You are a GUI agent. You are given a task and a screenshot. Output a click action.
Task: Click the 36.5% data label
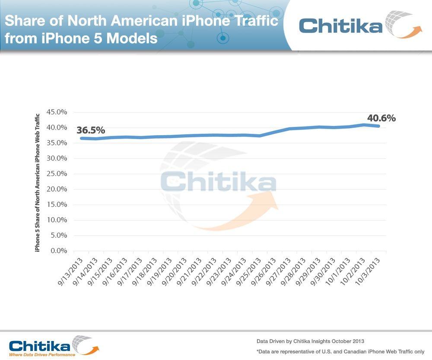click(91, 130)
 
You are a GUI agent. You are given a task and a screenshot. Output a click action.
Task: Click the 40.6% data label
click(381, 118)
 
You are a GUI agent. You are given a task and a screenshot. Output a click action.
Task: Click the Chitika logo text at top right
click(341, 25)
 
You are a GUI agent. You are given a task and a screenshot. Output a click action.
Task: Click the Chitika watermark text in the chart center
click(218, 182)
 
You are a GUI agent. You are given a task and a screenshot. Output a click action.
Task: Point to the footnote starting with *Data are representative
click(340, 351)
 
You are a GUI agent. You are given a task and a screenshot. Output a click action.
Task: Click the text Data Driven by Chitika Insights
click(310, 341)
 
